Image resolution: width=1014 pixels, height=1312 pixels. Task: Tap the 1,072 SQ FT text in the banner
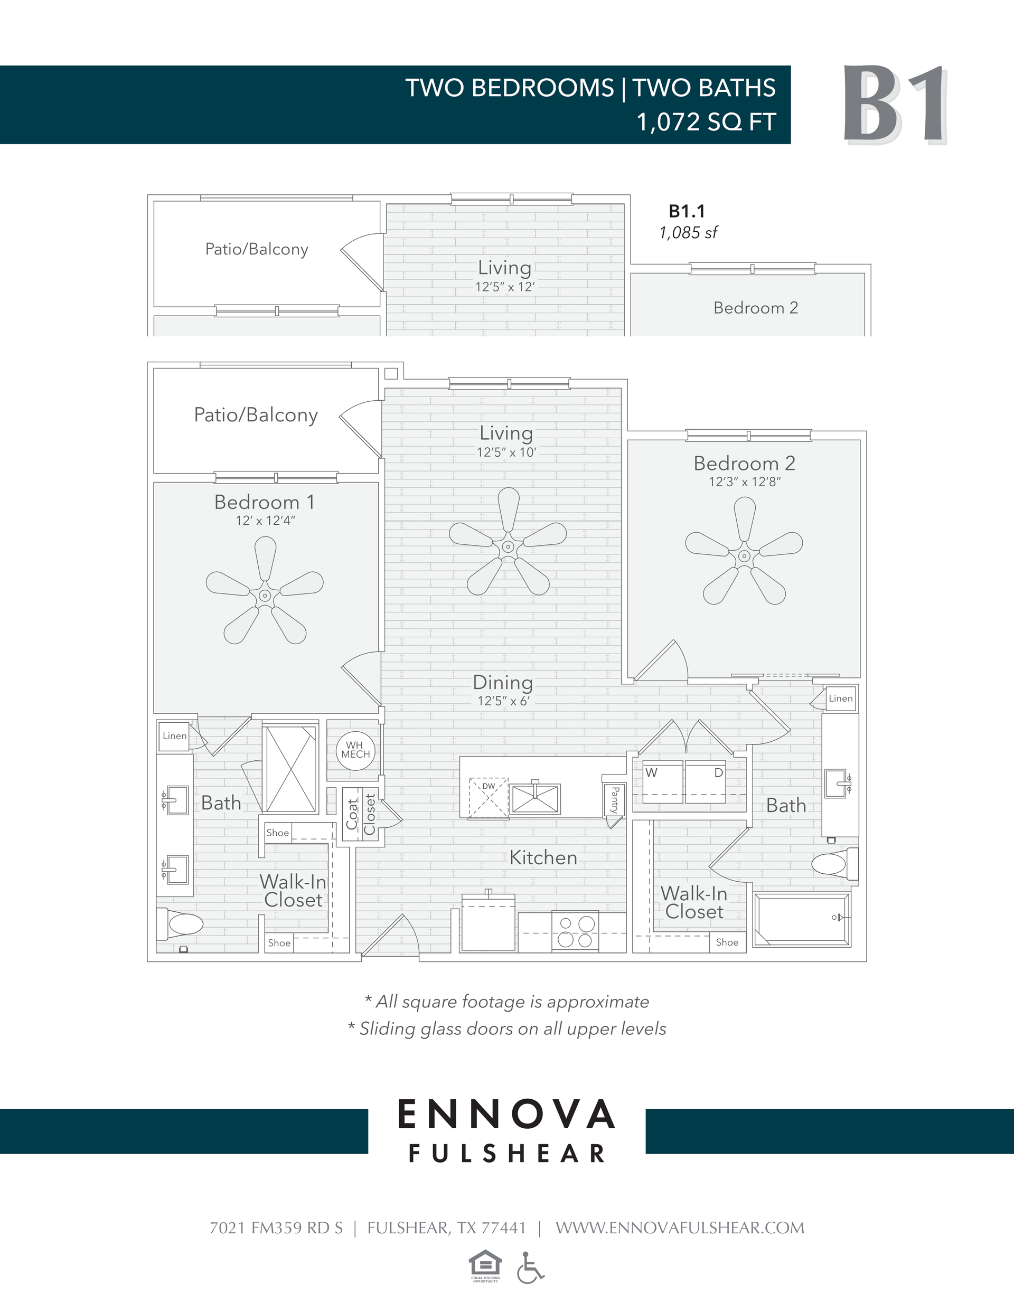706,122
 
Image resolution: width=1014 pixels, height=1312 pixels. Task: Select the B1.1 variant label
687,212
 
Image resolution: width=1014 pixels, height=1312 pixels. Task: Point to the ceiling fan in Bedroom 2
744,555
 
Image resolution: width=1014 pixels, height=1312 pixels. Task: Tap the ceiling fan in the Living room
508,546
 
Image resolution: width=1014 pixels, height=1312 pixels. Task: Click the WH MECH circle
355,750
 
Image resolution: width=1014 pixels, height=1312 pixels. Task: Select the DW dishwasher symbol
489,797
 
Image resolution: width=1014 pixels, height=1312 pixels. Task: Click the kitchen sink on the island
535,799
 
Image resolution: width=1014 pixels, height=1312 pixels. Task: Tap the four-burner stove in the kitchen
575,932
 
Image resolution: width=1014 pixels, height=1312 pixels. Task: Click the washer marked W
662,781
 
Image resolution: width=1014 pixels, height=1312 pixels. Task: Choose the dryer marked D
706,781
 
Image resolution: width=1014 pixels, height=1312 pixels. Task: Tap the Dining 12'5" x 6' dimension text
504,701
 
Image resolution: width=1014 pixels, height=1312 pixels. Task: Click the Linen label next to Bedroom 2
840,698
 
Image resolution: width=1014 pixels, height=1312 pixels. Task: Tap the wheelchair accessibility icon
530,1268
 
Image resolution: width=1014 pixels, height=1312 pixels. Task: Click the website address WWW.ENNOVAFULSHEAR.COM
679,1228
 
